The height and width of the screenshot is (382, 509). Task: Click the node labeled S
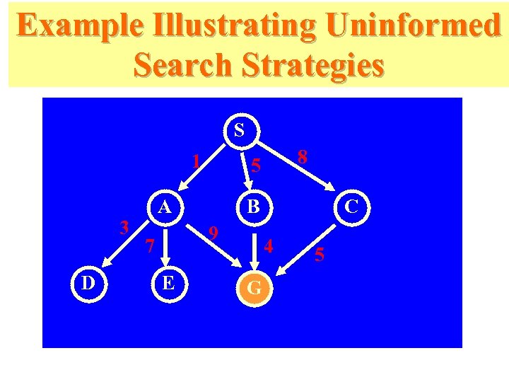[x=239, y=131]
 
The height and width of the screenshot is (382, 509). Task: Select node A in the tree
[x=165, y=208]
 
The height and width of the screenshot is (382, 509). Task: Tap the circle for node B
[x=253, y=208]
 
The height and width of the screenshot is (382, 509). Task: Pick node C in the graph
[x=349, y=208]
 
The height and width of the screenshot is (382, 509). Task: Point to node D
[x=88, y=284]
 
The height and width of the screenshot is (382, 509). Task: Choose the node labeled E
[x=168, y=284]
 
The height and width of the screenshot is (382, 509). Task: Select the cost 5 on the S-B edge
[x=257, y=167]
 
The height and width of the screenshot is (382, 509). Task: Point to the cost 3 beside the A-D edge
[x=124, y=228]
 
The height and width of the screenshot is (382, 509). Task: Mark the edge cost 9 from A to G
[x=216, y=233]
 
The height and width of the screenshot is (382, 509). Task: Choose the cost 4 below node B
[x=268, y=247]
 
